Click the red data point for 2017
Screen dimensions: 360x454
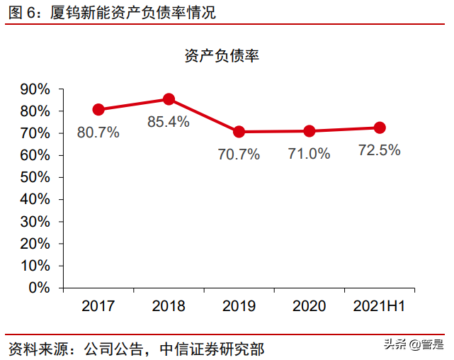98,110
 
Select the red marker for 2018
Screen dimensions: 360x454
169,99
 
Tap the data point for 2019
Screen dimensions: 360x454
239,132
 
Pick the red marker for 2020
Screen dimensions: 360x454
310,131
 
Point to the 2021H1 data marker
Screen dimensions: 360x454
380,128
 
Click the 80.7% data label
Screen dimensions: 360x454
98,133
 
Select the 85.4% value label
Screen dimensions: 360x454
169,122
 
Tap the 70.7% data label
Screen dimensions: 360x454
239,154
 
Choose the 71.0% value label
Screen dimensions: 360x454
310,154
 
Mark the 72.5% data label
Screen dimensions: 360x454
380,150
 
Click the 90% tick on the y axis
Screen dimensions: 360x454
35,89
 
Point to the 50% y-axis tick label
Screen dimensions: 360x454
35,178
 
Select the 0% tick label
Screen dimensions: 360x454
40,288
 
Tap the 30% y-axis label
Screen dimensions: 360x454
35,222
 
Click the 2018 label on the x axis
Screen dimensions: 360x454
169,306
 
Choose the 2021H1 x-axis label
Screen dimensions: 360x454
380,306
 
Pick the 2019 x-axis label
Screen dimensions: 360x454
239,306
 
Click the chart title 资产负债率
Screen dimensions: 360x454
222,56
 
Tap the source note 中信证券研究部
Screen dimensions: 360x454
212,349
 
